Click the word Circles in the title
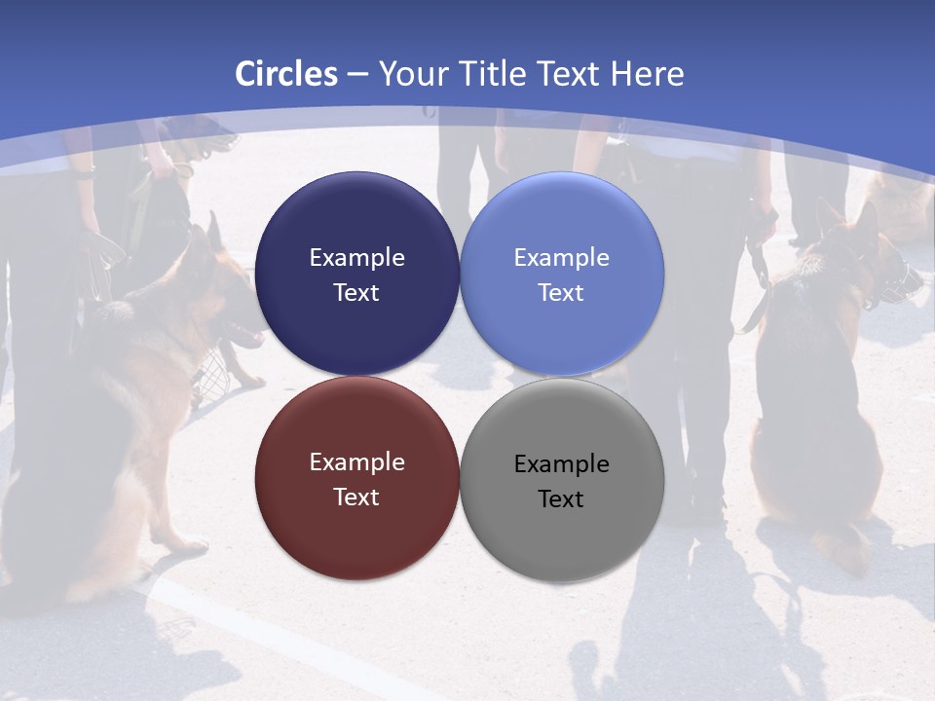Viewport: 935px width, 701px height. click(286, 74)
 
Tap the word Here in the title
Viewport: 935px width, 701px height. click(647, 74)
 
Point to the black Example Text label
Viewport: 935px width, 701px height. click(561, 481)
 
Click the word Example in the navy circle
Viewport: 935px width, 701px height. click(356, 258)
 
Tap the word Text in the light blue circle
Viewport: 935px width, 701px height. click(561, 293)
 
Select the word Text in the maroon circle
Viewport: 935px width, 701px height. click(356, 498)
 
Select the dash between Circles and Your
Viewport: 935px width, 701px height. click(357, 75)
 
